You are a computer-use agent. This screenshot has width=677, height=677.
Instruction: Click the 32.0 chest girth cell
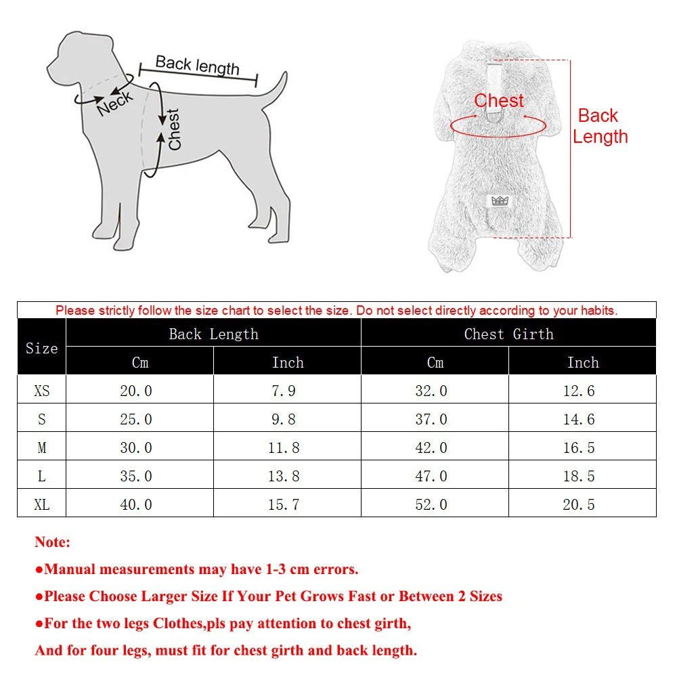431,391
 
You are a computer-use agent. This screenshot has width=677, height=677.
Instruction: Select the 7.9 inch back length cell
284,391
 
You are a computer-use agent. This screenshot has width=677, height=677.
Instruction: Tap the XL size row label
41,504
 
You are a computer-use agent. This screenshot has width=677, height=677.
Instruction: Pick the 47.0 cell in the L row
431,476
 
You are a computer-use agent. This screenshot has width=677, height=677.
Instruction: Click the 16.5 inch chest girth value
579,447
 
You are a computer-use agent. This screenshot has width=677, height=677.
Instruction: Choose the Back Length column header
213,334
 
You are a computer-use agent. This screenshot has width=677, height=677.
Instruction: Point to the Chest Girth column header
508,334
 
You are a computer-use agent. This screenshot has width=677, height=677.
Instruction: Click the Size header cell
41,348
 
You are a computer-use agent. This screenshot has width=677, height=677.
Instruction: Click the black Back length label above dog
197,65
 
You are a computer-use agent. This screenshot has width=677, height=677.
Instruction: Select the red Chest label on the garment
499,101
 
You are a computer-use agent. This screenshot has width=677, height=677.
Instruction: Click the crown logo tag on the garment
499,200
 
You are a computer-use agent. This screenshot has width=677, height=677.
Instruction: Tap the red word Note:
52,542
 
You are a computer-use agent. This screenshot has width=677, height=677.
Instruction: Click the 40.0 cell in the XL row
136,504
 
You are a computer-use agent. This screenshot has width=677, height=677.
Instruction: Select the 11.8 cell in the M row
284,447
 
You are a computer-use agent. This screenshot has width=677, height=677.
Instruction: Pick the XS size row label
41,391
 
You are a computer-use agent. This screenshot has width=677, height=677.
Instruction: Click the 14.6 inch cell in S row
579,419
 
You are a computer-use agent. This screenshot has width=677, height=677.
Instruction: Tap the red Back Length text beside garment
600,126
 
